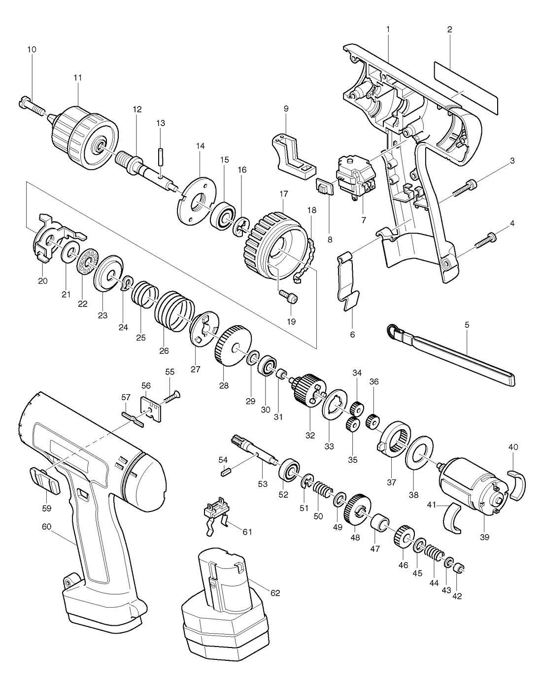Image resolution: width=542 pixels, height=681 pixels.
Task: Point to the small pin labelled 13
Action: point(161,156)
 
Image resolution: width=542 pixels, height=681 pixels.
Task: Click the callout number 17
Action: point(283,194)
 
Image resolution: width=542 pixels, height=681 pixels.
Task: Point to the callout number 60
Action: point(46,527)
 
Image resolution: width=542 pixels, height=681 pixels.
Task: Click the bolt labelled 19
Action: point(289,297)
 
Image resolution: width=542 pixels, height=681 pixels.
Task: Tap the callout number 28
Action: point(224,385)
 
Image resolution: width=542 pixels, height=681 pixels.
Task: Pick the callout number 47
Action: point(375,548)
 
